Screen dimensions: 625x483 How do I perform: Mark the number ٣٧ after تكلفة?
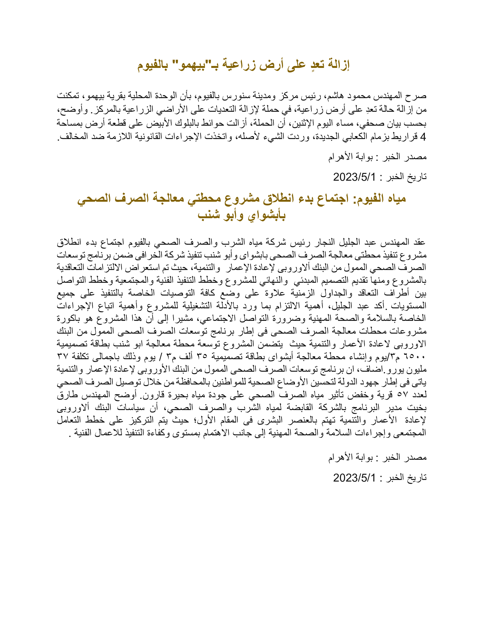tap(63, 357)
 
